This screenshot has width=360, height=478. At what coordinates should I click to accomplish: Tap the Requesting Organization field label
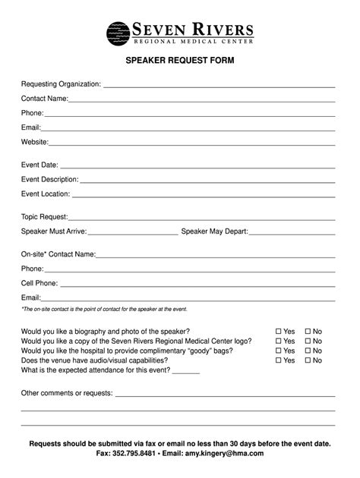(x=61, y=83)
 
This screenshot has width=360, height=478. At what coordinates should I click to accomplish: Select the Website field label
(x=35, y=142)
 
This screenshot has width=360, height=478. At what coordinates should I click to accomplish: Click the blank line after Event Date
(x=197, y=165)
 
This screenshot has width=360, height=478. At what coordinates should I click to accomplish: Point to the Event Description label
(x=50, y=180)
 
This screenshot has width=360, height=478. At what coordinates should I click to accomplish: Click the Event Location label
(x=46, y=194)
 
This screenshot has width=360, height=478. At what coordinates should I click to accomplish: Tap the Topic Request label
(x=45, y=217)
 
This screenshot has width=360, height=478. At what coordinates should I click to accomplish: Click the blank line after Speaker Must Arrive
(x=132, y=232)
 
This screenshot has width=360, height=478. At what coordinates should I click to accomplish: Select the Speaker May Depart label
(x=215, y=231)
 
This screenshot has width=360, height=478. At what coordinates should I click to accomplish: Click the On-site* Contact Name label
(x=58, y=254)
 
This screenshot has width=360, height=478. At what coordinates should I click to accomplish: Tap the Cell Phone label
(x=39, y=283)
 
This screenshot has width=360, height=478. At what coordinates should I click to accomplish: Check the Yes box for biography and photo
(x=279, y=332)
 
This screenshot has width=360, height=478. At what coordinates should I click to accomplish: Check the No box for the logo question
(x=308, y=341)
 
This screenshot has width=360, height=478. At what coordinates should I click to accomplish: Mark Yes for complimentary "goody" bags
(x=279, y=351)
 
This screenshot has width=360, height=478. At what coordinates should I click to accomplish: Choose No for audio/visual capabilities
(x=308, y=360)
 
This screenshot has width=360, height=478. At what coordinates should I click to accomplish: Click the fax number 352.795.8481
(x=135, y=453)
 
